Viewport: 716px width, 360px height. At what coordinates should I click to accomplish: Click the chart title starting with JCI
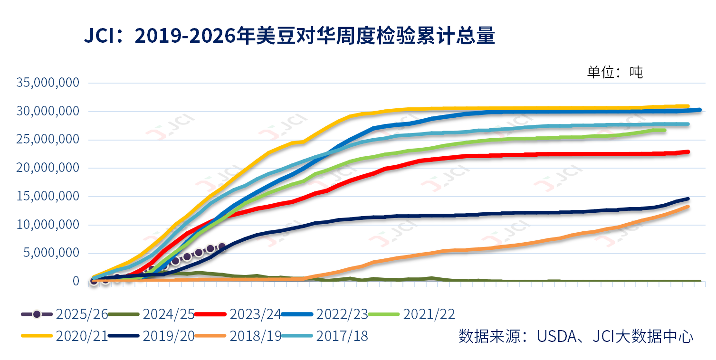click(289, 36)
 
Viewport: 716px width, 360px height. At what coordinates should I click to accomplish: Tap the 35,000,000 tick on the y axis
click(48, 83)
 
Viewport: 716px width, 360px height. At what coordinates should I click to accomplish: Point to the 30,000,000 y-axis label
click(48, 112)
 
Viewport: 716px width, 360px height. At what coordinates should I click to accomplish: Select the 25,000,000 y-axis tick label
click(48, 140)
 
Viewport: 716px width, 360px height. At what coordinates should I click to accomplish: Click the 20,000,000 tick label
click(48, 168)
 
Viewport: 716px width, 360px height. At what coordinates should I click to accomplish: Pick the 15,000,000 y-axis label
click(48, 197)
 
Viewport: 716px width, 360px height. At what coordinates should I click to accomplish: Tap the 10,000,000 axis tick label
click(48, 225)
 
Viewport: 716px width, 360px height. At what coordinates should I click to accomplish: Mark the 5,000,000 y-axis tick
click(51, 253)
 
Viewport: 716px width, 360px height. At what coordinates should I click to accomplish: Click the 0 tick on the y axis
click(76, 281)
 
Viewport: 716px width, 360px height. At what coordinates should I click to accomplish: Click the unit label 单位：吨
click(615, 72)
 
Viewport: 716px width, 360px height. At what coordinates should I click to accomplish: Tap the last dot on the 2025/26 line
click(221, 247)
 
